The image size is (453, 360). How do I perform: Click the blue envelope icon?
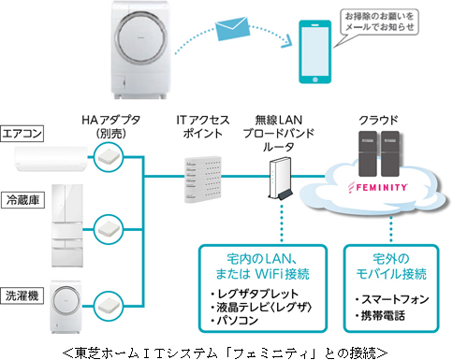tap(233, 28)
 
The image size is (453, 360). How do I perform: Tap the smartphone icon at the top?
tap(314, 51)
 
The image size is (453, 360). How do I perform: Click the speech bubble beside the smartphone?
tap(376, 26)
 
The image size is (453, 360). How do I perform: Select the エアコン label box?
tap(22, 134)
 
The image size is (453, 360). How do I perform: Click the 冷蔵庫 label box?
tap(22, 200)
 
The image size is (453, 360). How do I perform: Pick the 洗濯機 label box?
tap(22, 295)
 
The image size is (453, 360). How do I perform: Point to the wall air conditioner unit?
tap(51, 159)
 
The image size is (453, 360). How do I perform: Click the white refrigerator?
tap(67, 225)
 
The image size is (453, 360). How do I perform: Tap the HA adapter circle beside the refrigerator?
tap(109, 230)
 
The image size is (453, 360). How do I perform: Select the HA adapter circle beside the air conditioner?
tap(109, 157)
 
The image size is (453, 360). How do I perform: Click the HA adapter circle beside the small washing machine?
tap(109, 306)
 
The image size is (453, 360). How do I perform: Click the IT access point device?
tap(203, 180)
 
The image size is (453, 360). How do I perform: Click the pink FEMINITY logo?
tap(378, 187)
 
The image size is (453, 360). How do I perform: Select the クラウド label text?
tap(378, 120)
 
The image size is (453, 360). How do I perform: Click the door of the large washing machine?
tap(140, 37)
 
